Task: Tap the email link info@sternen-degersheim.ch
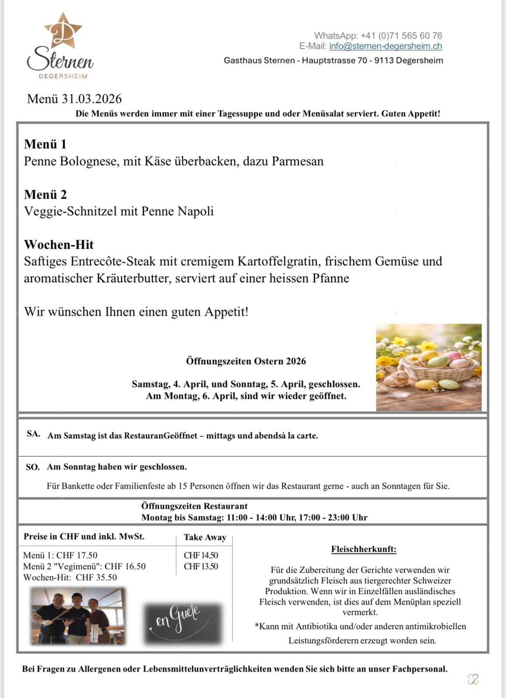click(x=385, y=46)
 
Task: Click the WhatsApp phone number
click(x=401, y=35)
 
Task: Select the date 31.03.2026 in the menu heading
click(x=92, y=99)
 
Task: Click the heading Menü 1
click(x=45, y=144)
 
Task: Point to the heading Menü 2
click(x=45, y=194)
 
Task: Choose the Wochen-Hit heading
click(x=59, y=244)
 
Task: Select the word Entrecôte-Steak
click(x=113, y=261)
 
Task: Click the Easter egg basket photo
click(x=429, y=367)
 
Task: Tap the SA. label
click(x=33, y=434)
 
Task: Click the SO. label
click(x=33, y=467)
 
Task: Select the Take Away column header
click(x=205, y=537)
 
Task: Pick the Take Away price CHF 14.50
click(x=201, y=555)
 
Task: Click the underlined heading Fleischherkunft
click(x=363, y=549)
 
